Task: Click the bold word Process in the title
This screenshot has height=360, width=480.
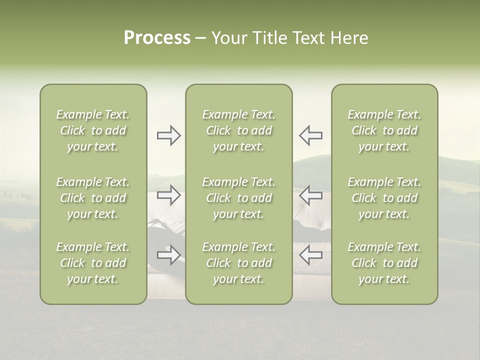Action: [157, 38]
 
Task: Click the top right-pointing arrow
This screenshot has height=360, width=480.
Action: [169, 135]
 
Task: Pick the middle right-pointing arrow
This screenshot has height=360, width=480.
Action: [169, 195]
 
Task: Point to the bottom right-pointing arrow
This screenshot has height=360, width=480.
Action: [169, 255]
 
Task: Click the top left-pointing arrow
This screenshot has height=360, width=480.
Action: [311, 135]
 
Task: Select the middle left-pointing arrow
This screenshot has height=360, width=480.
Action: [311, 195]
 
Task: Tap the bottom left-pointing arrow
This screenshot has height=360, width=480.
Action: [311, 255]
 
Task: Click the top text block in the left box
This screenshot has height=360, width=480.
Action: [93, 130]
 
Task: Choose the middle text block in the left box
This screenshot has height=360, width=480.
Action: [93, 198]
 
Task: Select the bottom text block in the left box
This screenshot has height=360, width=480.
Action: [93, 263]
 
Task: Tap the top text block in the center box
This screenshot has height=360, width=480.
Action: [239, 130]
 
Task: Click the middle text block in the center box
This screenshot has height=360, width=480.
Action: [239, 198]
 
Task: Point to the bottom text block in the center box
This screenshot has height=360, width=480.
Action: [239, 263]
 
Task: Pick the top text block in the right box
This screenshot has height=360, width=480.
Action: [384, 130]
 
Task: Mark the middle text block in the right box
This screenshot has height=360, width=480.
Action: [384, 198]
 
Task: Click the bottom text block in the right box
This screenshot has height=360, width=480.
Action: [384, 263]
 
